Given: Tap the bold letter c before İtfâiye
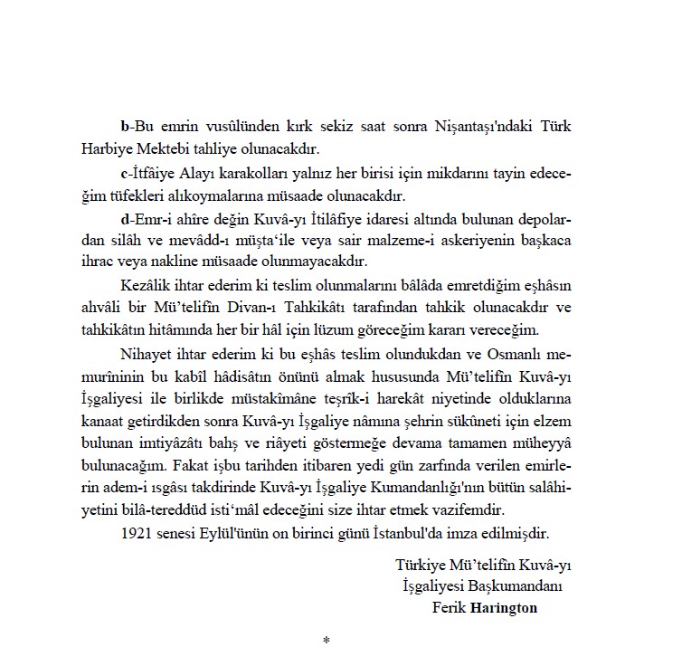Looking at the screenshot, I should pos(123,171).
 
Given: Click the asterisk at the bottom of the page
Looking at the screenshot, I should pos(327,641).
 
